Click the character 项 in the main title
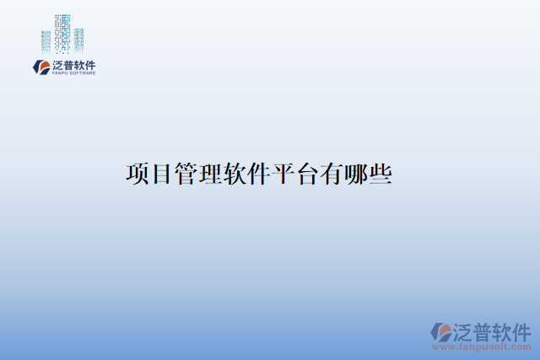138,175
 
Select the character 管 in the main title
186,175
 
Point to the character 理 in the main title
210,175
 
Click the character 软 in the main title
234,175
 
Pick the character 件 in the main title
258,175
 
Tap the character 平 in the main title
283,175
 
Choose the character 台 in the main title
306,175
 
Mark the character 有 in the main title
331,175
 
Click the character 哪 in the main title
355,175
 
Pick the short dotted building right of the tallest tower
78,39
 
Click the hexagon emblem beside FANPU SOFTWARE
40,67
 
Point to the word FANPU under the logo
61,73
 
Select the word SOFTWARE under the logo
83,73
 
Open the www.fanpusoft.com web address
482,346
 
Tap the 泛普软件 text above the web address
493,329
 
